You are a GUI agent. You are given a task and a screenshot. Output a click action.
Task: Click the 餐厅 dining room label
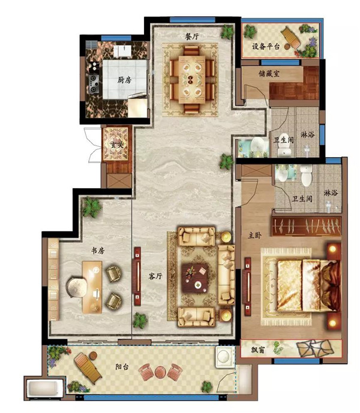click(192, 37)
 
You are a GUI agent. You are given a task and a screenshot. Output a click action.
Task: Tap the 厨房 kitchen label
click(124, 80)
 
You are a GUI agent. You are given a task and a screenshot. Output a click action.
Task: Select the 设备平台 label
click(266, 47)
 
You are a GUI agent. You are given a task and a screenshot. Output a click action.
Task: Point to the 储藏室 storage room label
click(269, 74)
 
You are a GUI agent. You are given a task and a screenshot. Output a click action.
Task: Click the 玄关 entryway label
click(117, 144)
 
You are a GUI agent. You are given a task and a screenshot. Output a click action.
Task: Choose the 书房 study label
click(98, 251)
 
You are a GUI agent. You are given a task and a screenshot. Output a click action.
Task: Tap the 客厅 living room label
click(155, 276)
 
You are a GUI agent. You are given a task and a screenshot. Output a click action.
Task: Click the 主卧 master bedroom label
click(255, 235)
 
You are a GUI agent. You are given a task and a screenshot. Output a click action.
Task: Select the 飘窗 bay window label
click(258, 350)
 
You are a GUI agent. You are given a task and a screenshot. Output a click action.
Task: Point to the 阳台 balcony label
click(122, 367)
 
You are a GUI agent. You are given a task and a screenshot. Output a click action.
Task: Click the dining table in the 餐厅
click(192, 80)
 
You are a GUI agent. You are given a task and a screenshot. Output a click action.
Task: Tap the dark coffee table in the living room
click(196, 278)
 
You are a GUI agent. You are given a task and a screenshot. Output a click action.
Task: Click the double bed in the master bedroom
click(308, 285)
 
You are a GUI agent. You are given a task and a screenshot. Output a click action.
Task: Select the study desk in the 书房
click(92, 287)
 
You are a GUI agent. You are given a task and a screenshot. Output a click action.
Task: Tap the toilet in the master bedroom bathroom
click(307, 175)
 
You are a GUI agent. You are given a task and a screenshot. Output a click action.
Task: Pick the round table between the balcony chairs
click(160, 372)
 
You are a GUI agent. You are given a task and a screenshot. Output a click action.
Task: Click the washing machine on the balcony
click(225, 357)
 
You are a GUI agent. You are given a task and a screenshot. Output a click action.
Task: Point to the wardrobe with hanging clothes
click(307, 227)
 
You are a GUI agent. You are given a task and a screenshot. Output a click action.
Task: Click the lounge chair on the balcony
click(88, 368)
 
